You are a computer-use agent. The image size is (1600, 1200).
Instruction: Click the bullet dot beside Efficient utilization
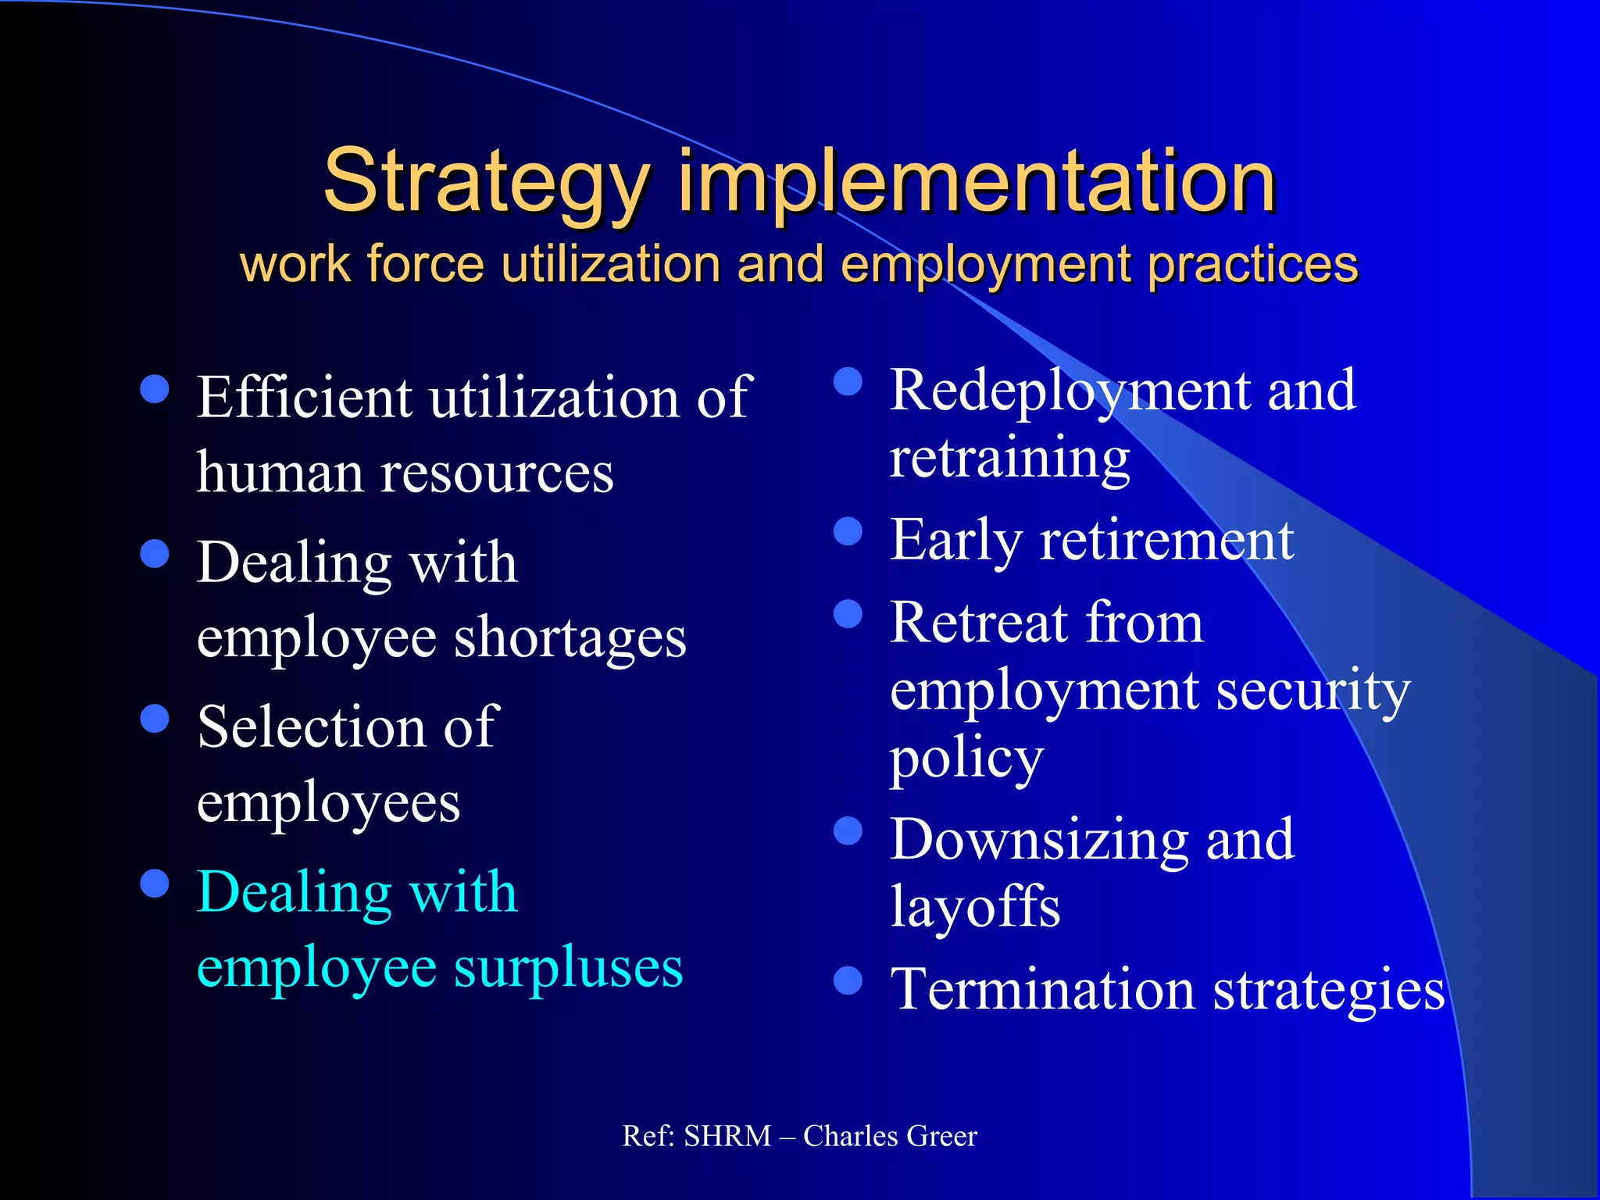[155, 388]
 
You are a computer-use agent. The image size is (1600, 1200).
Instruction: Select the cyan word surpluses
[568, 967]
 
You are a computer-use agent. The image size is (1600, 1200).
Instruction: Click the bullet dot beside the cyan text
[155, 884]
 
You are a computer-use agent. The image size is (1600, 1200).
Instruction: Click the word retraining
[1009, 459]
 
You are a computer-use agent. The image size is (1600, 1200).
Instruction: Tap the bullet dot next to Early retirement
[848, 531]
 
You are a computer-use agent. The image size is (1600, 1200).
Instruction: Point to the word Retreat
[980, 623]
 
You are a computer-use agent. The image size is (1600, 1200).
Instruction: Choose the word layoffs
[975, 906]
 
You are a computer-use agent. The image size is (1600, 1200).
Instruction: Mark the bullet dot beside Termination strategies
[848, 980]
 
